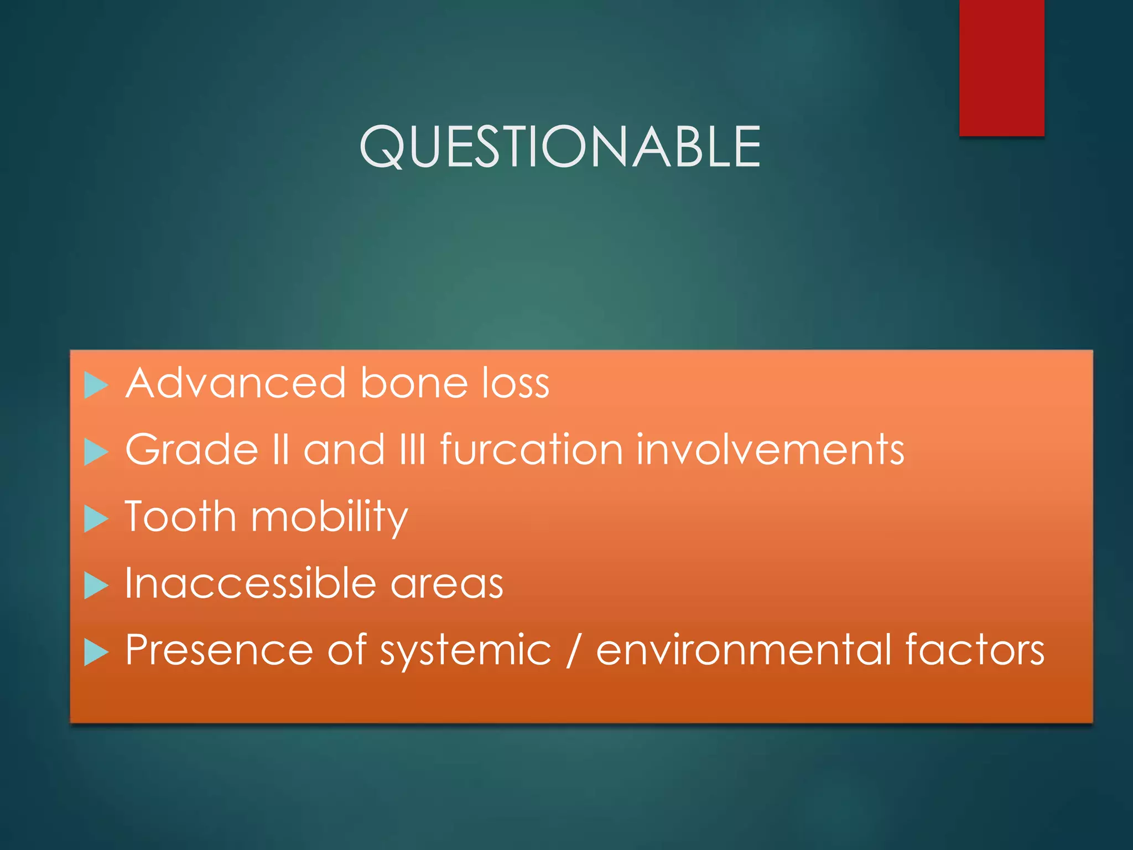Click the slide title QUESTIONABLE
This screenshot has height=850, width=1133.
pos(560,146)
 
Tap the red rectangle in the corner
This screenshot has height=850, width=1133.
pos(1001,68)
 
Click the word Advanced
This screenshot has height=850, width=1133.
pos(236,383)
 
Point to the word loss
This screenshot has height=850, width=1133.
pos(515,383)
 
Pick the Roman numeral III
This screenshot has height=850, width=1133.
pos(413,449)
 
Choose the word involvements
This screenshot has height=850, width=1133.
pos(770,449)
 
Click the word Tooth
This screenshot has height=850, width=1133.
pos(180,516)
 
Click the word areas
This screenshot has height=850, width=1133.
pos(447,584)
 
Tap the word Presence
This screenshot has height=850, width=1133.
pos(219,650)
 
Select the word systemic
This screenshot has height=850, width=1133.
pos(465,651)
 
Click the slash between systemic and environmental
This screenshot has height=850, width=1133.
pos(573,650)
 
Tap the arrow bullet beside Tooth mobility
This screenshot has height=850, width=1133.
pos(96,519)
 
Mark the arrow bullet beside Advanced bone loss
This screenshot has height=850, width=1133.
pos(96,385)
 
